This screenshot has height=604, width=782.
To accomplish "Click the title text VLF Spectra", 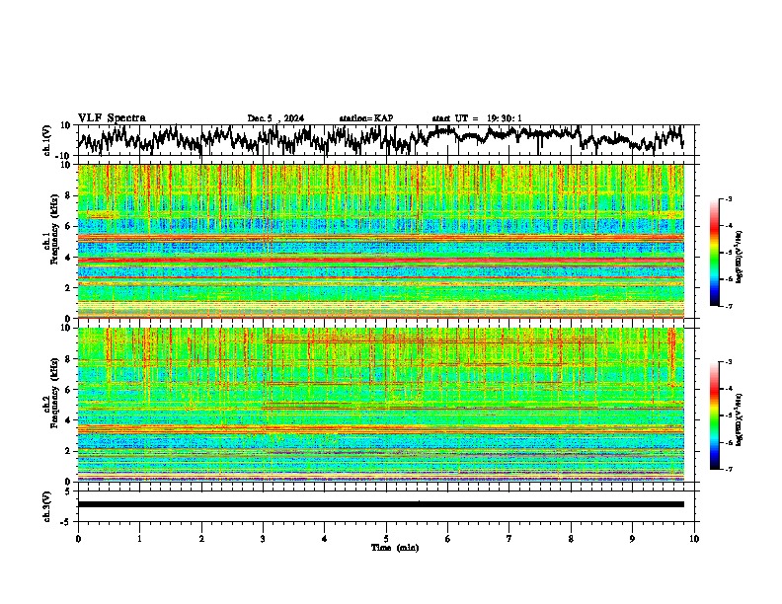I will [x=112, y=117].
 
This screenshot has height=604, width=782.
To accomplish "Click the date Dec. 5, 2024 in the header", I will [x=275, y=118].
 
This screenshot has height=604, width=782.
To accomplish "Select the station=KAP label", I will [x=365, y=118].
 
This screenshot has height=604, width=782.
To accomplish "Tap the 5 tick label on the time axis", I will [x=386, y=538].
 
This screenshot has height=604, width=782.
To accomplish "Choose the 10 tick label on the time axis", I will [x=694, y=538].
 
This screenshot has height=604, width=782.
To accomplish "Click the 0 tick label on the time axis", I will [x=78, y=538].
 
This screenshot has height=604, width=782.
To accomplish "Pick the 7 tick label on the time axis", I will [x=509, y=538].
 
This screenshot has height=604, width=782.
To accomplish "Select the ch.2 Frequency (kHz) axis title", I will [x=49, y=403].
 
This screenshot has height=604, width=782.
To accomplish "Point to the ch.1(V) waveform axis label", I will [x=47, y=140].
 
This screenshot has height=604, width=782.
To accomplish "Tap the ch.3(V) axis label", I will [x=47, y=503].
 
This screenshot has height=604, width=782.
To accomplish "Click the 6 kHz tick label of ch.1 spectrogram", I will [x=69, y=226].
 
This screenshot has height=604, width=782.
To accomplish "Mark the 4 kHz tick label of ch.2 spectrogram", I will [x=69, y=419].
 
